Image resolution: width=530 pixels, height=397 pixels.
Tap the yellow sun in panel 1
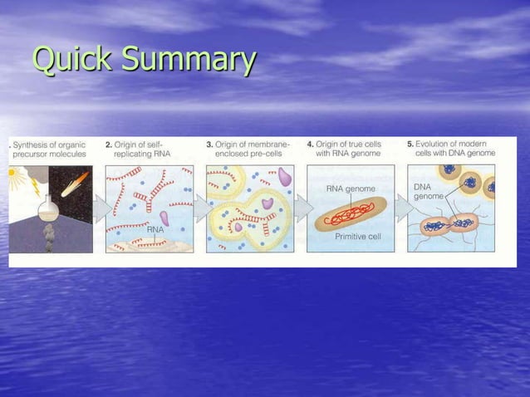click(12, 173)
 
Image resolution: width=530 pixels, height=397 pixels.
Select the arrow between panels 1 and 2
click(101, 208)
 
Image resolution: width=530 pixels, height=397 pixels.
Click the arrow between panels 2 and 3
click(200, 208)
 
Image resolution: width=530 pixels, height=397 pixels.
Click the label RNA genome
click(350, 189)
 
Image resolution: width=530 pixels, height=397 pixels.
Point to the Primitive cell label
click(356, 237)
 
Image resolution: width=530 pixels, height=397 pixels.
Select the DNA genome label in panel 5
click(429, 192)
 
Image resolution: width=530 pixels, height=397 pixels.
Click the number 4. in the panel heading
click(310, 143)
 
